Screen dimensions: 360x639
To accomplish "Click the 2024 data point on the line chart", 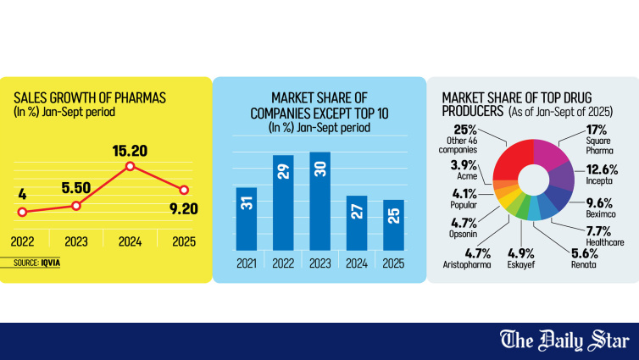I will (131, 165).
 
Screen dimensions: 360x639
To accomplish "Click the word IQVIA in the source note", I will (50, 263).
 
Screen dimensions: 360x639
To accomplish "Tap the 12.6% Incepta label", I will (602, 169).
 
